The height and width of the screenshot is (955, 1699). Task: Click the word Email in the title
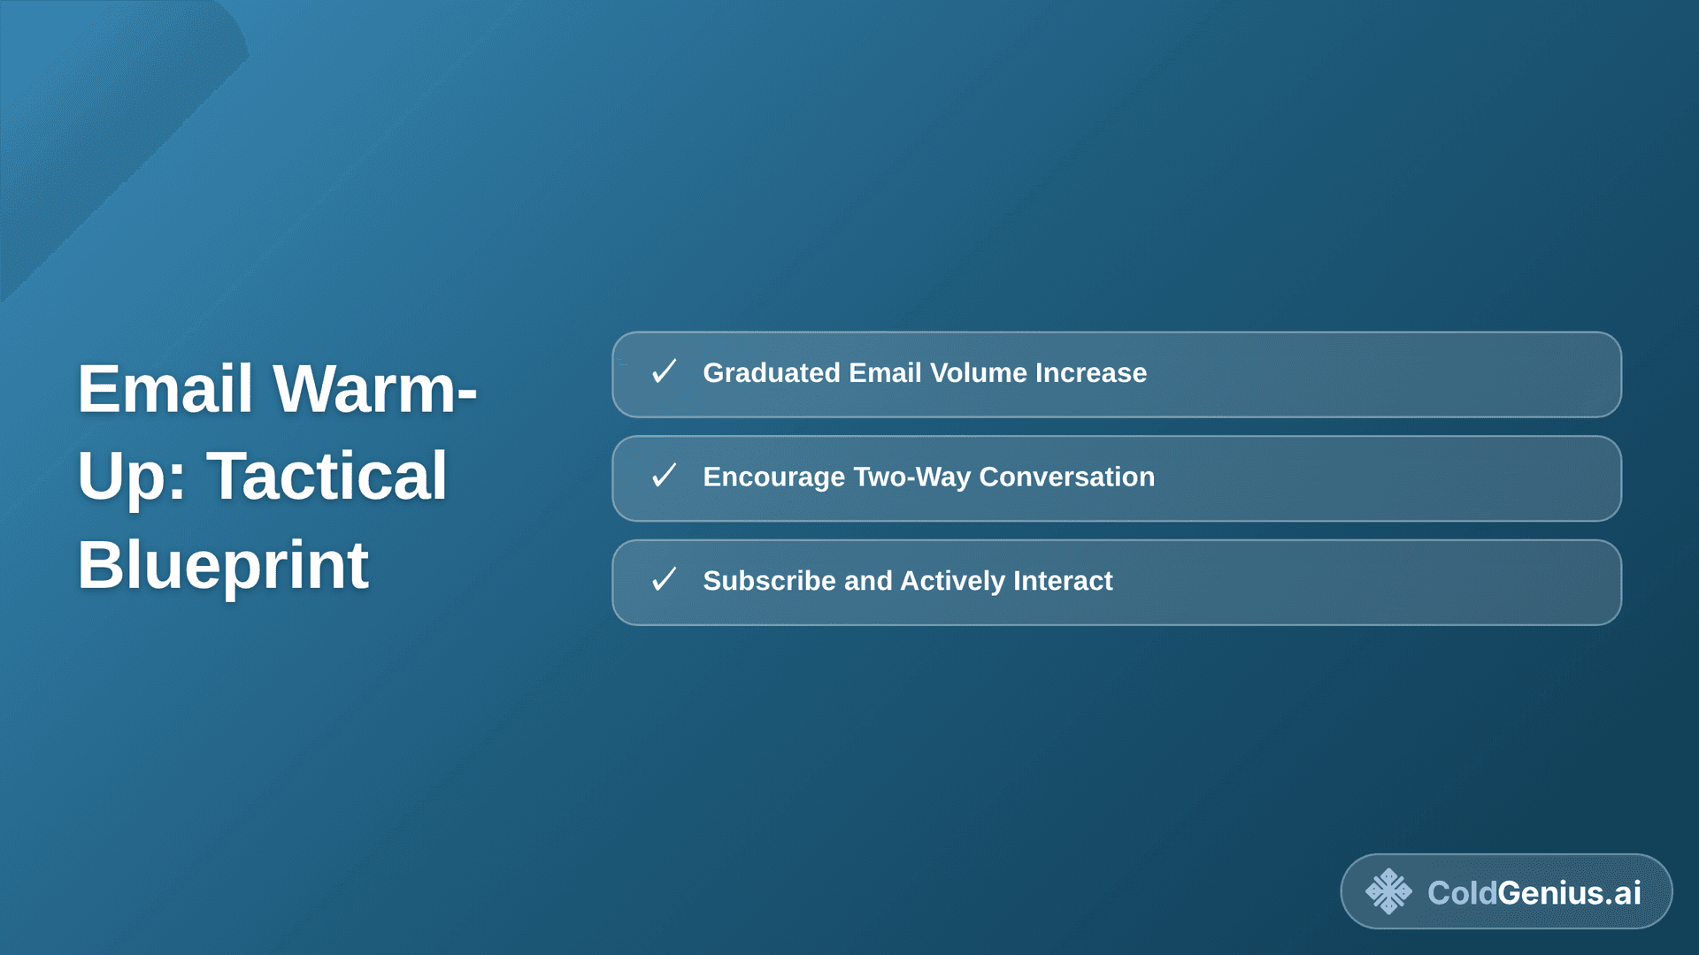pos(165,389)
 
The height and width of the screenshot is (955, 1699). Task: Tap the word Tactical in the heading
pos(327,477)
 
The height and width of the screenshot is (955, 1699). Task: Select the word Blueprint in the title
pos(222,566)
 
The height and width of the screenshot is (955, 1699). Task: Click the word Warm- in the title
pos(374,389)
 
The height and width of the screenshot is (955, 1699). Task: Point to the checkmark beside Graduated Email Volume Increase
pos(664,372)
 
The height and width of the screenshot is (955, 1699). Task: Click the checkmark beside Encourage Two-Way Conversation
pos(664,477)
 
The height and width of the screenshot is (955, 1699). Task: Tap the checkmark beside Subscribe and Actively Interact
pos(664,580)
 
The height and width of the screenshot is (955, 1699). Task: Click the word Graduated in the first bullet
pos(771,373)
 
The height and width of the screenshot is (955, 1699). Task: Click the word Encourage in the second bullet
pos(773,477)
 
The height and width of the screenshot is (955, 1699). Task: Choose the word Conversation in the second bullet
pos(1066,477)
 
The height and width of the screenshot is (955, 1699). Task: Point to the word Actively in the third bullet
pos(952,581)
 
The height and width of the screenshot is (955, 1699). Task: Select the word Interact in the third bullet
pos(1063,581)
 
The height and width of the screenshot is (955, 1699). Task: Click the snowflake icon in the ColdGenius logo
pos(1388,891)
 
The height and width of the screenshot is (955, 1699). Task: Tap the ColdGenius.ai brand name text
pos(1534,893)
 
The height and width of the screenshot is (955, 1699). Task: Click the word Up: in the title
pos(131,477)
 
